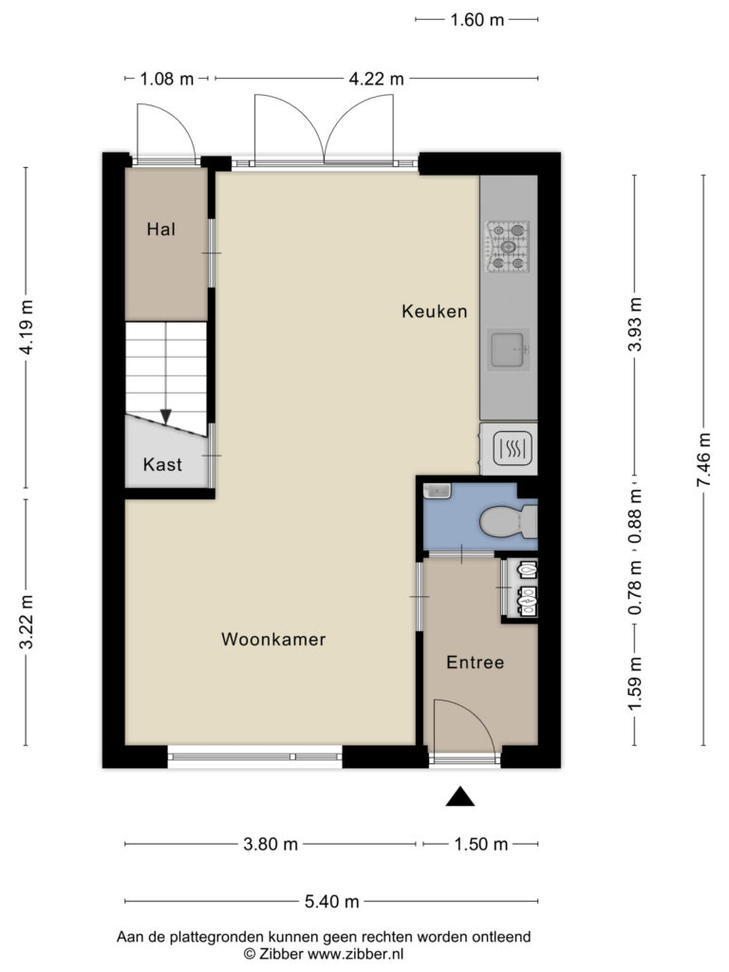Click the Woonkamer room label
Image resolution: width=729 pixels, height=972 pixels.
coord(273,639)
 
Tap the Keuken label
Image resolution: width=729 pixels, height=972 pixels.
coord(435,311)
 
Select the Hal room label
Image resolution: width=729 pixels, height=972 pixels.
coord(161,230)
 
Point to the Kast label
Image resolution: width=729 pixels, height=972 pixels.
coord(162,464)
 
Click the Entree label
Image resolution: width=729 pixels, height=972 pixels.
coord(476,662)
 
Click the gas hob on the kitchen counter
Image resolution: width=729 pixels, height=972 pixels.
coord(509,247)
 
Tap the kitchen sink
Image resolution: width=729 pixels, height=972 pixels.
coord(509,349)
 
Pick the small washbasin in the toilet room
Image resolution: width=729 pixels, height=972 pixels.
coord(437,491)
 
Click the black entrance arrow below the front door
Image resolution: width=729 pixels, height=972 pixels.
coord(460,796)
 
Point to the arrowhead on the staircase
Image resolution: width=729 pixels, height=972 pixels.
coord(165,416)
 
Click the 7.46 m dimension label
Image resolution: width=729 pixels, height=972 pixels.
coord(703,460)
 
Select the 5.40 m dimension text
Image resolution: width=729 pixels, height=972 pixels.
coord(331,902)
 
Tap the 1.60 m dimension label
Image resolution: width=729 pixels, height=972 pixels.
coord(477,20)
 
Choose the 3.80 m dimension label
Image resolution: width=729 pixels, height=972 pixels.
coord(271,844)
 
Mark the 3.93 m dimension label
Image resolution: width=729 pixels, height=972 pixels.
coord(635,325)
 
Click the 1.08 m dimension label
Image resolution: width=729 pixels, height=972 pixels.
coord(167,79)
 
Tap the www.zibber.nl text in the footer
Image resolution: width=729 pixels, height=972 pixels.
coord(356,954)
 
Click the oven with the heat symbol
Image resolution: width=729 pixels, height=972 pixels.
coord(509,448)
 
